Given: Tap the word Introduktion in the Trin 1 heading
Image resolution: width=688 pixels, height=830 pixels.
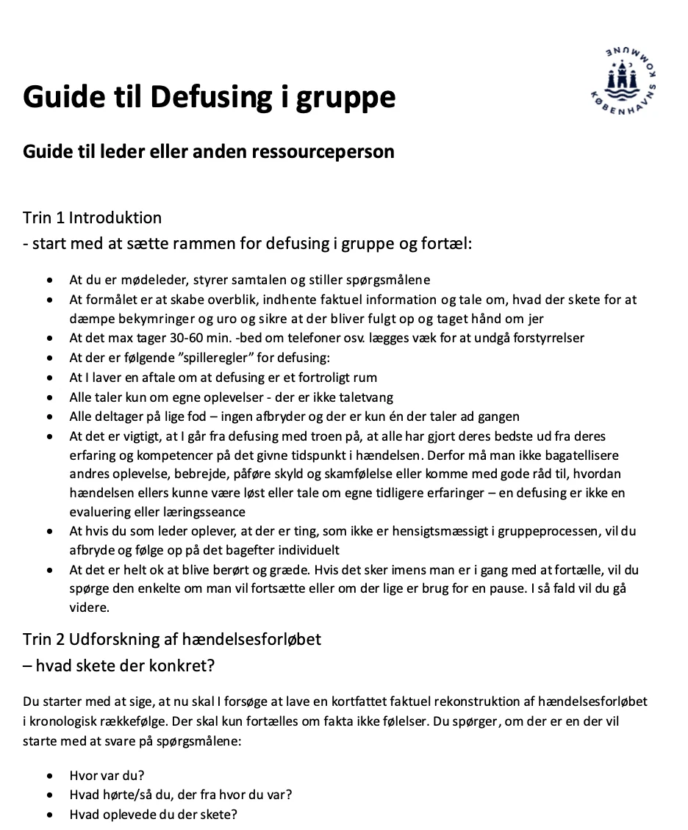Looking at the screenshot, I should coord(117,218).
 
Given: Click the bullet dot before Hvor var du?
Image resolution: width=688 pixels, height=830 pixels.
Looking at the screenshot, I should coord(49,776).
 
